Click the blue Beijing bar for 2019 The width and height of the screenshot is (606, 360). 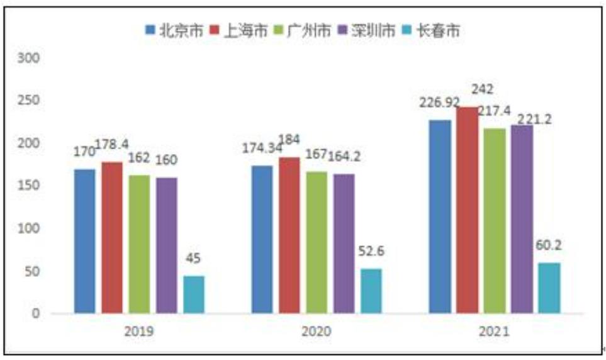pos(85,241)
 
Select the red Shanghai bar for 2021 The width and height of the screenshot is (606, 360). pos(467,210)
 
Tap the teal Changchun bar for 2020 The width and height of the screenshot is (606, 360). pos(371,291)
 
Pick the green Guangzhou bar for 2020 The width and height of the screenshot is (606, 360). pos(317,242)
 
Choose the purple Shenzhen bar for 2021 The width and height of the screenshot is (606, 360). pos(522,219)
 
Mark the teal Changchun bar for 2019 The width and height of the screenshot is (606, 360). pos(194,295)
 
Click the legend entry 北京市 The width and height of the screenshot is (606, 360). pos(174,31)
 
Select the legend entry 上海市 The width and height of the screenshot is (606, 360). pos(238,31)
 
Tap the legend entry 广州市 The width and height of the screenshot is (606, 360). pos(302,31)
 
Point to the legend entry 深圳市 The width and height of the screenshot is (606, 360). pos(366,31)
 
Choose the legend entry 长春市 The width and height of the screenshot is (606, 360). pos(431,31)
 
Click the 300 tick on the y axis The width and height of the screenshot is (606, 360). pos(28,58)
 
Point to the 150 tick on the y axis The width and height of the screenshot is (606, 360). pos(28,185)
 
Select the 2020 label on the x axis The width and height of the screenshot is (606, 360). pos(316,332)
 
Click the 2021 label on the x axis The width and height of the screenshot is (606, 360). pos(494,332)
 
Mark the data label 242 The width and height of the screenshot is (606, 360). pos(482,89)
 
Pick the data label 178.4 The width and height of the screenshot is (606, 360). pos(111,144)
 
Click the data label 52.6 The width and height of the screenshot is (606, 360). pos(371,251)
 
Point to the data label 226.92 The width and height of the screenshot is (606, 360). pos(440,103)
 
